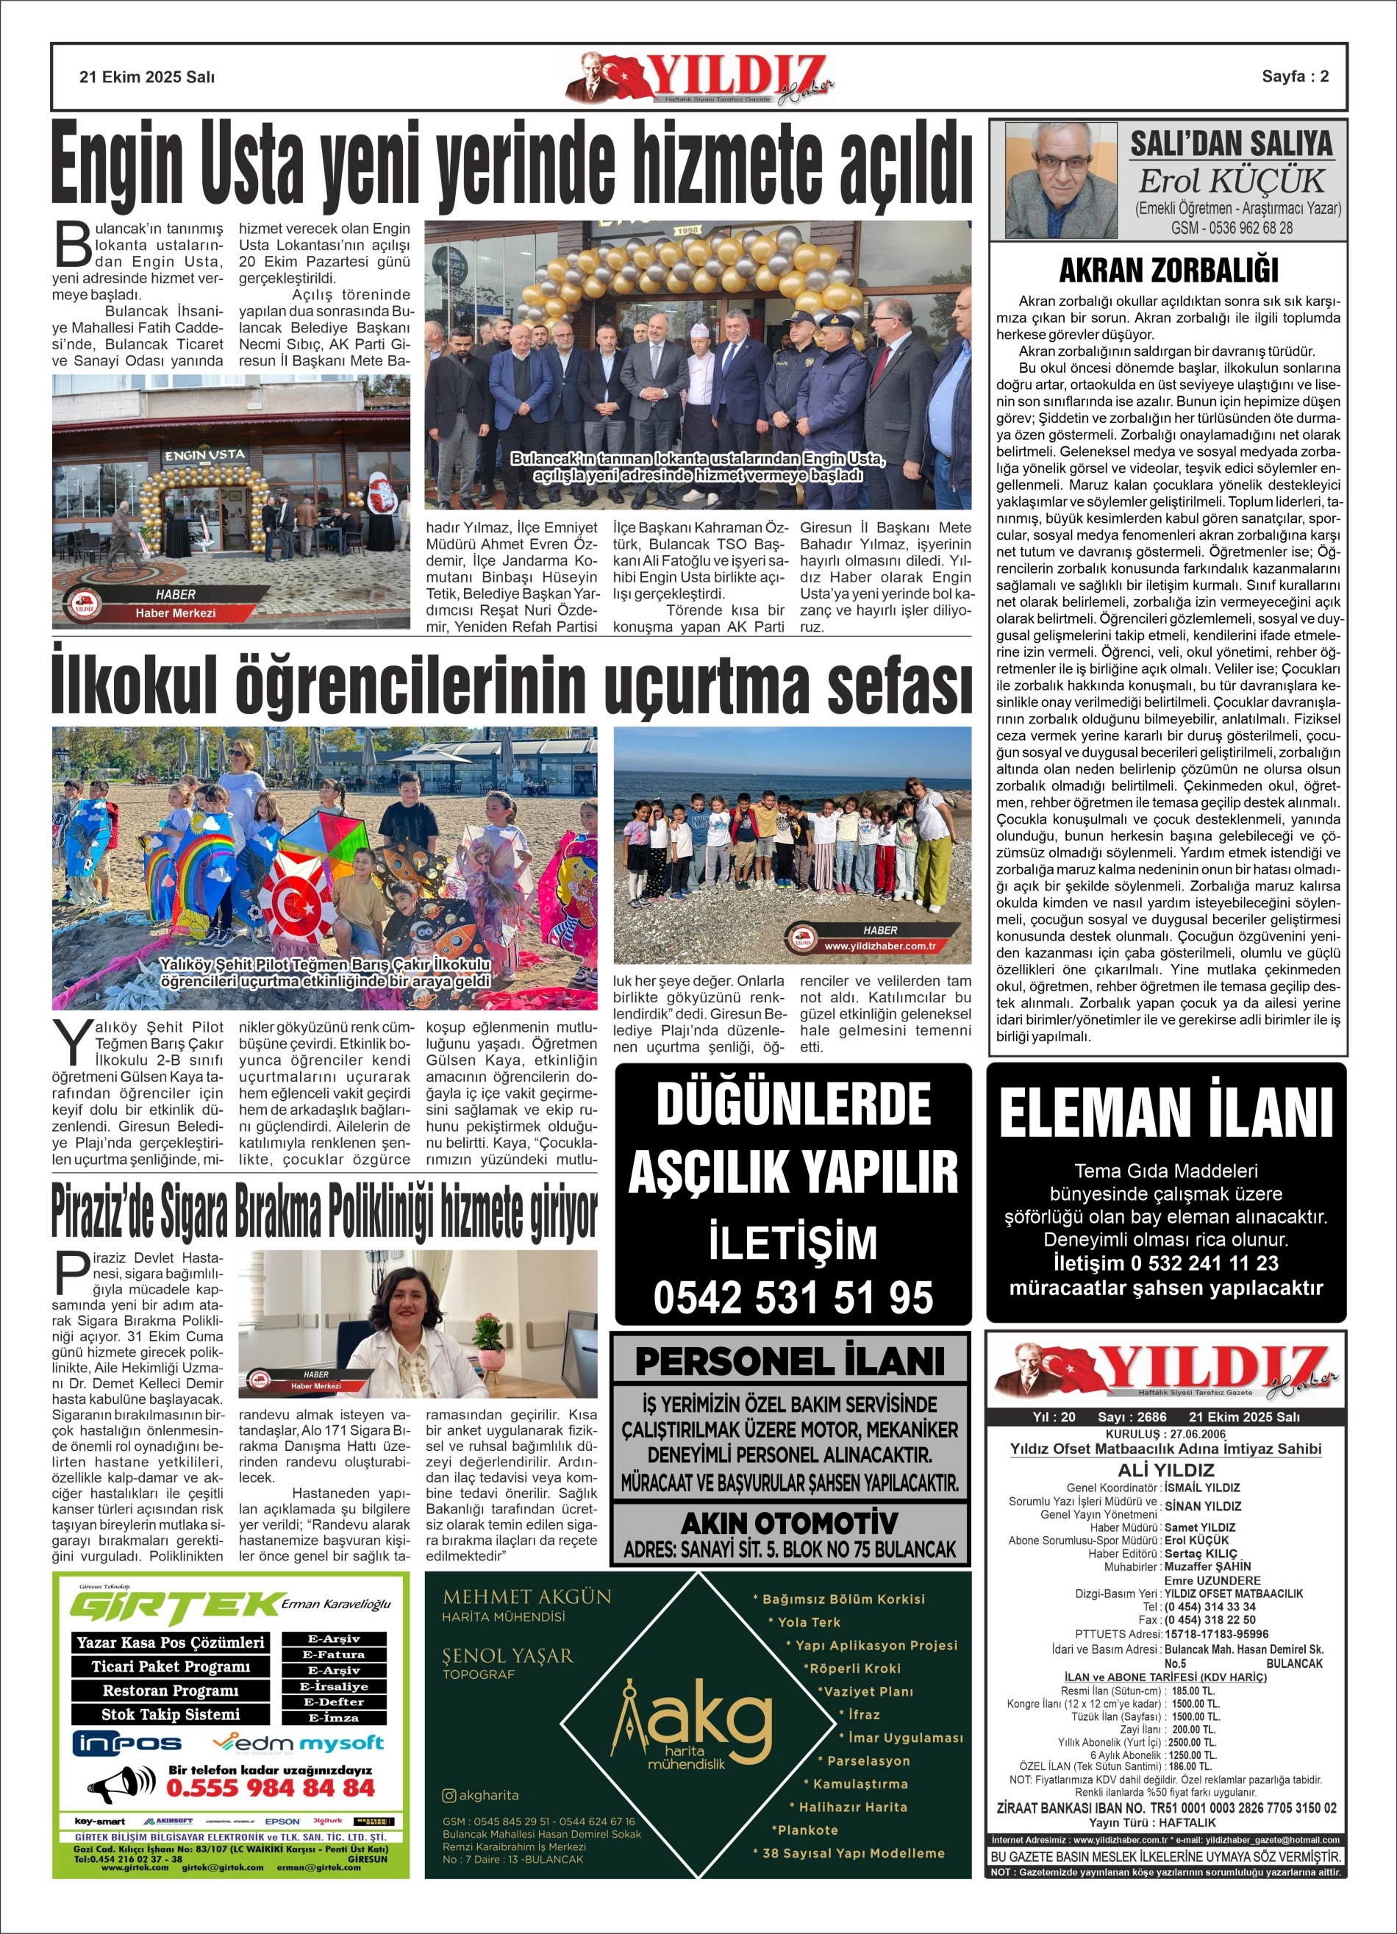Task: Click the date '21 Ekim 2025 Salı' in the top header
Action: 147,76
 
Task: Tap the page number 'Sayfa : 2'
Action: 1295,76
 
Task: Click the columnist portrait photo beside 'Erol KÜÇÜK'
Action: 1060,180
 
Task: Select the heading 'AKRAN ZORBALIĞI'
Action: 1168,271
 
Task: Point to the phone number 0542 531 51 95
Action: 793,1297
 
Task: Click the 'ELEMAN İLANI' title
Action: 1166,1113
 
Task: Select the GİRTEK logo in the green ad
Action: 176,1607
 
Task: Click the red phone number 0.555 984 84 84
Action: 271,1788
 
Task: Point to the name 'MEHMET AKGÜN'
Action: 527,1597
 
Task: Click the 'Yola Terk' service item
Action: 809,1622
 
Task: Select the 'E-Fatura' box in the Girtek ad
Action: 334,1655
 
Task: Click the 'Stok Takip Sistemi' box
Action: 171,1714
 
